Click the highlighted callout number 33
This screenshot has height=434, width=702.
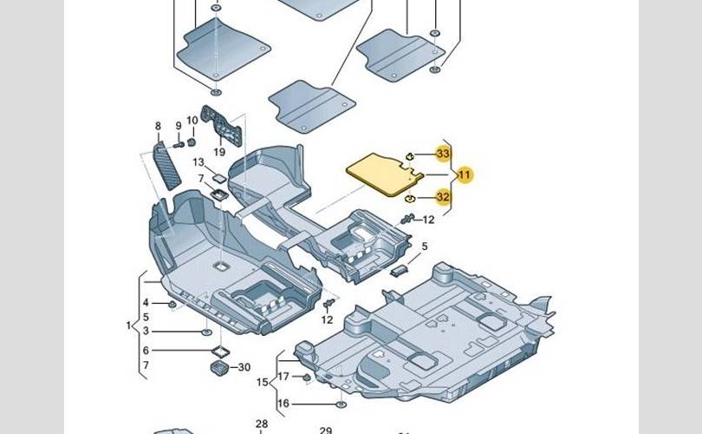pos(444,154)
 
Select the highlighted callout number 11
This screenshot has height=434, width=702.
pos(465,175)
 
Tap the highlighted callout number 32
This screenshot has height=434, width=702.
pos(444,197)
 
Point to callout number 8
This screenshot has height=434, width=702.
pos(158,127)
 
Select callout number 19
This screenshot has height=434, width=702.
pos(218,151)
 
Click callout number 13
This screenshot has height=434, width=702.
pos(198,162)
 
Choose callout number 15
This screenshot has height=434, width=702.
pos(261,381)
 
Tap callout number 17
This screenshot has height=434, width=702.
pos(283,376)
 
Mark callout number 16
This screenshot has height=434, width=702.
pos(283,404)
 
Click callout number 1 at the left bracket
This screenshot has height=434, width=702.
pos(128,325)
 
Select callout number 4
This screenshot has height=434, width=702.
pos(146,302)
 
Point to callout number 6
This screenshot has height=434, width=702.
pos(146,350)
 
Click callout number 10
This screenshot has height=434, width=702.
pos(192,121)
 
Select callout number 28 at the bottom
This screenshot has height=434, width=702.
pos(262,424)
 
